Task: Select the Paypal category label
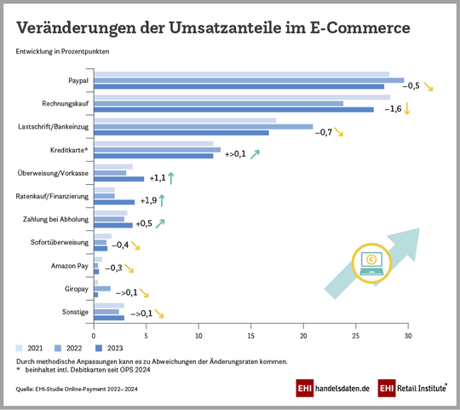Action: (78, 81)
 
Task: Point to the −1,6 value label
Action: (392, 109)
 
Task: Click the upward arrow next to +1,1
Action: (171, 178)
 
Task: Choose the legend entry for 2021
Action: (31, 349)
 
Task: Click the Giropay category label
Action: (76, 289)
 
